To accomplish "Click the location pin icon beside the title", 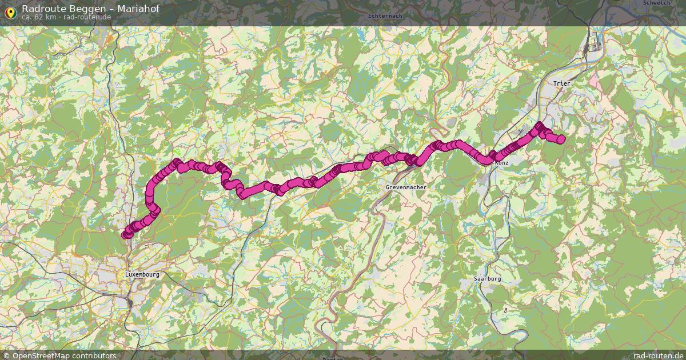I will click(x=10, y=12).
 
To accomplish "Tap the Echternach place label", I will click(x=382, y=16).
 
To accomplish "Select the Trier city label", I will click(x=561, y=83).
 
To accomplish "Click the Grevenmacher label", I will click(x=406, y=187).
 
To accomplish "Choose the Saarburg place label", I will click(x=487, y=279).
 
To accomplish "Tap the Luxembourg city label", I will click(x=142, y=274).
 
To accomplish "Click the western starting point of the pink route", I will click(x=126, y=234).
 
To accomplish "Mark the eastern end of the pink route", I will click(x=561, y=139).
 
